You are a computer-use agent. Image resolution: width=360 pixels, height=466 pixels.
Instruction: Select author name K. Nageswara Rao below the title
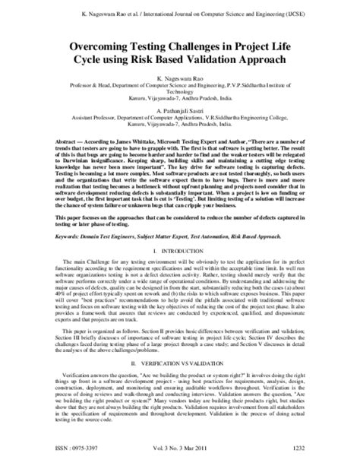[x=180, y=78]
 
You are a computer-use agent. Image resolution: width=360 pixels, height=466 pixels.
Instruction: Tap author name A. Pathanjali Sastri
[x=180, y=111]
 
